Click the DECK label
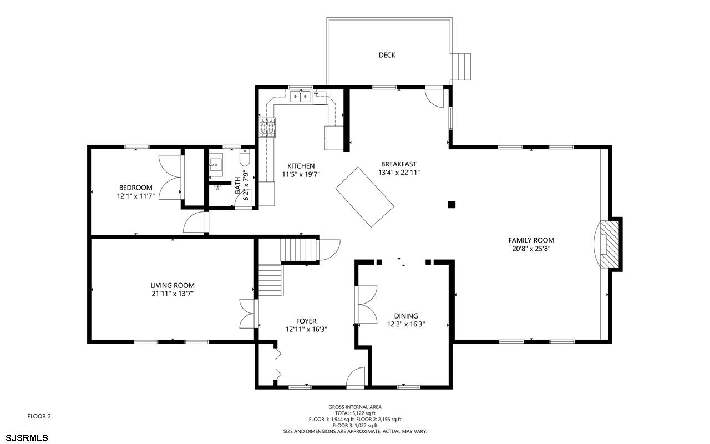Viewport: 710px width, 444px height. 387,55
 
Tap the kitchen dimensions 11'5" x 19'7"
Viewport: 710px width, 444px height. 301,174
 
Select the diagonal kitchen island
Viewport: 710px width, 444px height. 365,197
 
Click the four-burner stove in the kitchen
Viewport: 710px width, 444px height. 267,128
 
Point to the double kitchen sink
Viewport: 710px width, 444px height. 300,96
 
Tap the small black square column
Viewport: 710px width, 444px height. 452,205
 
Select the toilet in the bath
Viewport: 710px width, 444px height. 245,158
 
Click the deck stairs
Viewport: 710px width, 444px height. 461,67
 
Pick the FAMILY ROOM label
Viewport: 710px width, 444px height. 531,240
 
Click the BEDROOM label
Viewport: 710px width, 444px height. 136,188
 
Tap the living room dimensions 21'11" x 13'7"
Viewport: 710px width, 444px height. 173,294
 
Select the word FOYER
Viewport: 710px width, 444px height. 306,321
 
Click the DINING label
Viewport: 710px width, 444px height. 406,316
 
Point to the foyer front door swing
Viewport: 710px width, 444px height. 356,377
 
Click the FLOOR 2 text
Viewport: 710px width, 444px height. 39,416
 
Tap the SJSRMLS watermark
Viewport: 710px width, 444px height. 27,438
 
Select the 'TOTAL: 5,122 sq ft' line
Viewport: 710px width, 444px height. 355,413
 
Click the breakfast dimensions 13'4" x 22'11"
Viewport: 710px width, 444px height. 399,173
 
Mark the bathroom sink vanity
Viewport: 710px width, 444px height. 216,165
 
